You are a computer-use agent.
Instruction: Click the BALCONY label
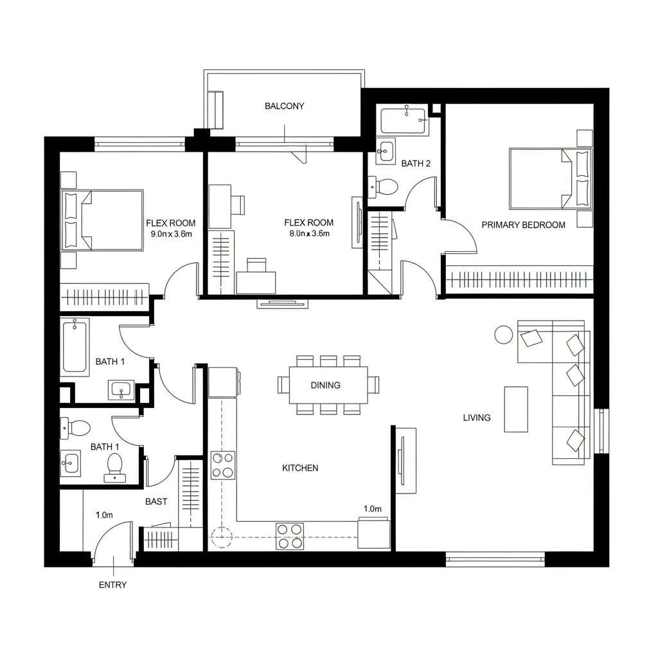tap(284, 106)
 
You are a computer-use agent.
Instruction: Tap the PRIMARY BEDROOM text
tap(523, 225)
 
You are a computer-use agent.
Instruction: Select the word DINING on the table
tap(325, 386)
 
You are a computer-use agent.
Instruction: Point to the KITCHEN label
tap(300, 468)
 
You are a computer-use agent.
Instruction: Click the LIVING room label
tap(477, 418)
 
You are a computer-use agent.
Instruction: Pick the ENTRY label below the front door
tap(112, 585)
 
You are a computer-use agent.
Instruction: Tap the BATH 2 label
tap(416, 164)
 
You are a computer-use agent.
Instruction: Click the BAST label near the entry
tap(156, 501)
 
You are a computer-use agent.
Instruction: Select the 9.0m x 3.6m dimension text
tap(171, 234)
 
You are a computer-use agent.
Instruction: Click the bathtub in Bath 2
tap(404, 121)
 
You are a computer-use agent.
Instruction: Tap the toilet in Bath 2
tap(384, 187)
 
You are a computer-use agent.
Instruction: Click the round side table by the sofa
tap(503, 334)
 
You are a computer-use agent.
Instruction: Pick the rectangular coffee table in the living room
tap(516, 409)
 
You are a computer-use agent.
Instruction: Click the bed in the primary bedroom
tap(543, 179)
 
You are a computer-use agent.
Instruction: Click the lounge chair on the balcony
tap(214, 109)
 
